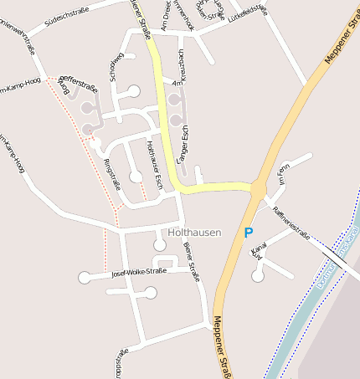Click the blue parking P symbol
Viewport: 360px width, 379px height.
[248, 233]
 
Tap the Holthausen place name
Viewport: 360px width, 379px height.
[194, 232]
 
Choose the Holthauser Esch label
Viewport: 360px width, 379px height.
[154, 160]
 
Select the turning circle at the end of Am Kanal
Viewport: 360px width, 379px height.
[258, 275]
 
